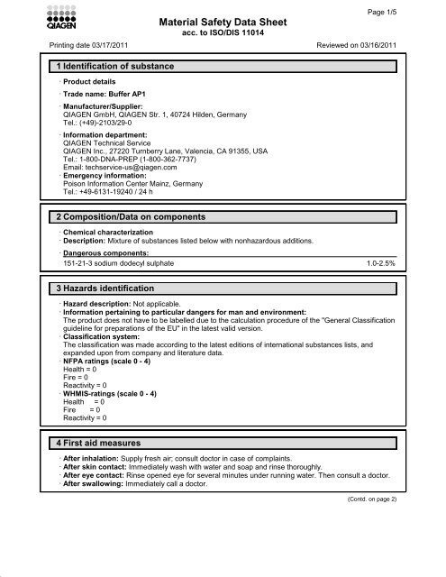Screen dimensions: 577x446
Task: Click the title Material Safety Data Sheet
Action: tap(222, 22)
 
